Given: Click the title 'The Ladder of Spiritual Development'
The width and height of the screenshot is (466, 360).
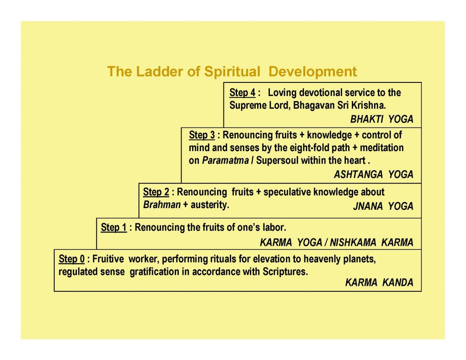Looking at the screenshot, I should (x=232, y=71).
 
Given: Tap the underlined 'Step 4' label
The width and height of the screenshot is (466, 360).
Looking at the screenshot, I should (x=243, y=93).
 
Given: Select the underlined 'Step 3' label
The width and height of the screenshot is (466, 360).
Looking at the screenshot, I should (x=202, y=135).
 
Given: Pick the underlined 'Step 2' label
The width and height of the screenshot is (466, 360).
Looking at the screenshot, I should (x=156, y=192).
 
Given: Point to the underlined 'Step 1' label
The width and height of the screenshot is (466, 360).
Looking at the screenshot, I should (x=114, y=227).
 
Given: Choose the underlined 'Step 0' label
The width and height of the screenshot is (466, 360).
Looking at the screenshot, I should (x=72, y=259).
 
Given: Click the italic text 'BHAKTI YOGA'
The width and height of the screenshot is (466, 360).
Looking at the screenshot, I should (x=381, y=120).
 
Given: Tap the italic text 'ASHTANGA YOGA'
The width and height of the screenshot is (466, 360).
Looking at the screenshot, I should (x=373, y=174).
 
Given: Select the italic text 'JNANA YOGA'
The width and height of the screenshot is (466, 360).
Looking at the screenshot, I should (x=383, y=207).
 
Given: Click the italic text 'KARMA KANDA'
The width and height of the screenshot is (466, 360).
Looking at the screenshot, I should (x=379, y=283).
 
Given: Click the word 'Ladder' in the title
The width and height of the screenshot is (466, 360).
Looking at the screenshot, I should (x=156, y=71).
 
